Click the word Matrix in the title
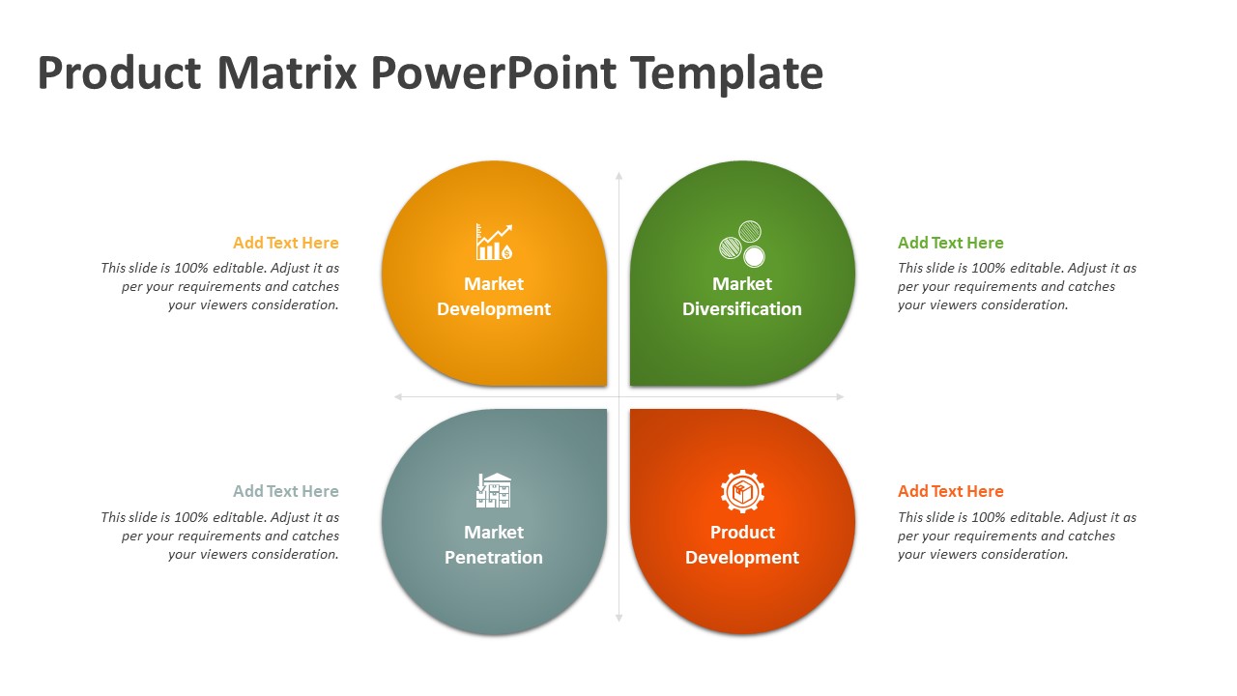coord(287,72)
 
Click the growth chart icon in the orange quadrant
coord(494,242)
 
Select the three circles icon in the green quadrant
coord(742,244)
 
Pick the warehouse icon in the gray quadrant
coord(494,490)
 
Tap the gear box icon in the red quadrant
coord(742,491)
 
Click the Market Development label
coord(494,296)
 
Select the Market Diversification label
coord(742,296)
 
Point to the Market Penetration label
coord(494,544)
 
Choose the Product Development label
coord(742,544)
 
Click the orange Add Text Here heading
coord(285,243)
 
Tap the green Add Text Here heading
coord(950,243)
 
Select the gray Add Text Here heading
coord(285,491)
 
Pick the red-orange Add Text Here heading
coord(950,491)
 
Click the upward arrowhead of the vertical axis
coord(619,175)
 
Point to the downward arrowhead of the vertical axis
coord(619,619)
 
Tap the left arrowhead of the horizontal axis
coord(397,396)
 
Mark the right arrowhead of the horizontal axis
coord(841,396)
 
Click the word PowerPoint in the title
coord(494,72)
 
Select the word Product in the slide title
coord(119,72)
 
